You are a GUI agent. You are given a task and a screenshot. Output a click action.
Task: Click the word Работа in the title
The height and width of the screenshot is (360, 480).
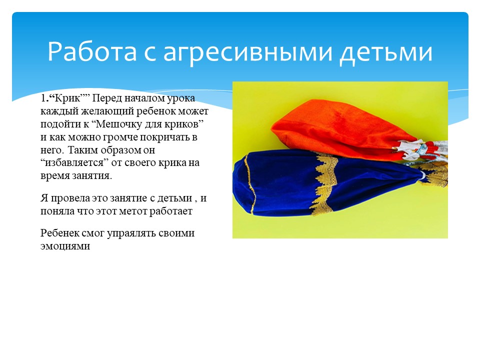[x=92, y=51]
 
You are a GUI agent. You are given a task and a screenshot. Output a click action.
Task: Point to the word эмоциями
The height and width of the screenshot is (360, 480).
[x=65, y=246]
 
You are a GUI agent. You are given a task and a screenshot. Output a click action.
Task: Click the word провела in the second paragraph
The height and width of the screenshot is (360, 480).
[x=70, y=198]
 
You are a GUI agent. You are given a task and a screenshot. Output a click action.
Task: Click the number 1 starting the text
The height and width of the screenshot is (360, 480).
[x=43, y=98]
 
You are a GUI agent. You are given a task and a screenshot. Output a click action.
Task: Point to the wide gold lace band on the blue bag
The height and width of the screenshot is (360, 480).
[x=323, y=183]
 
